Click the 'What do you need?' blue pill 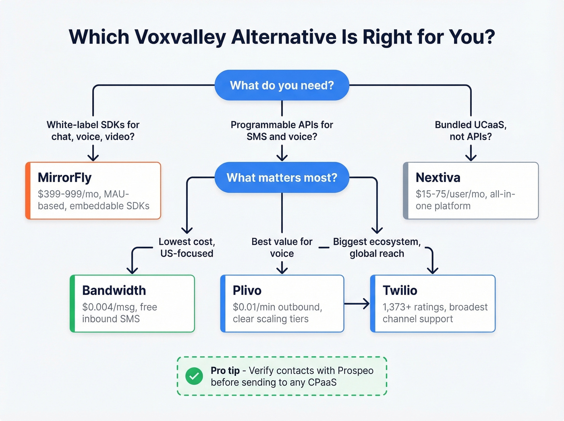point(282,85)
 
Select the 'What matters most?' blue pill point(282,178)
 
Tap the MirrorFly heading point(64,178)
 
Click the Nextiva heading point(438,178)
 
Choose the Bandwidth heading point(114,290)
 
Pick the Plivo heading point(247,290)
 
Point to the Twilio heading point(400,290)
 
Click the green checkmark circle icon point(194,376)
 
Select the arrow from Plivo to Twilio point(357,304)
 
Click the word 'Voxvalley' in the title point(180,37)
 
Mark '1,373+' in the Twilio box point(396,307)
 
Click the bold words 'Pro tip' point(225,371)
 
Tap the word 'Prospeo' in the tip point(355,371)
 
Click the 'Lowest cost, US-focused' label point(187,247)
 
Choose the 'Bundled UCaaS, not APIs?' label point(471,131)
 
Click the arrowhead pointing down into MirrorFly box point(93,158)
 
